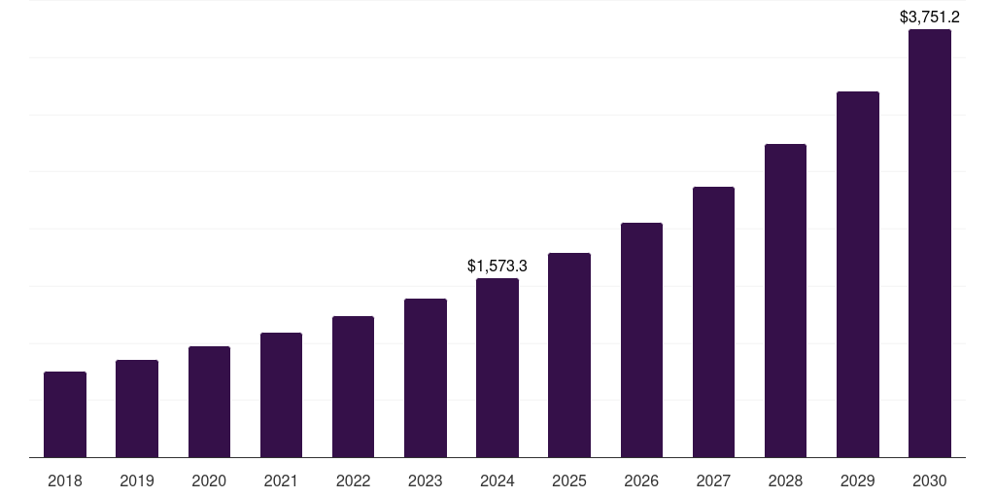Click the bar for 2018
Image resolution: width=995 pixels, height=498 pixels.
click(x=65, y=414)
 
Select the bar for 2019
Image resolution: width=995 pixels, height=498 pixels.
click(x=137, y=409)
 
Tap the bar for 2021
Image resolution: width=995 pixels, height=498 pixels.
click(x=281, y=395)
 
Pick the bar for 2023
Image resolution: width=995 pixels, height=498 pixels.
click(x=426, y=377)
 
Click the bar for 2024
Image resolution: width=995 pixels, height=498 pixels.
click(x=497, y=368)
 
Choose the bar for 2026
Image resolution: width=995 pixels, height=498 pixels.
click(x=641, y=339)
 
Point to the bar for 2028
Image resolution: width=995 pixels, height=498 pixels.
click(x=785, y=301)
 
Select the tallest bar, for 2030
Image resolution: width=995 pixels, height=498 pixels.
click(x=929, y=243)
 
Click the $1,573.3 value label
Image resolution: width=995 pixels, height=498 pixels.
click(x=497, y=266)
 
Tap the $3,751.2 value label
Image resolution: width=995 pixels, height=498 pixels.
click(x=929, y=17)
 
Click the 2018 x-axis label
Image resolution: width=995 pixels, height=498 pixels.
click(x=65, y=480)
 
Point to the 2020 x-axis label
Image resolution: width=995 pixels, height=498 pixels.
click(x=209, y=480)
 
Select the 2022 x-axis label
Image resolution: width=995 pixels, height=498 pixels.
click(x=353, y=480)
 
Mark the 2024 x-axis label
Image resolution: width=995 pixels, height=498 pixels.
click(x=497, y=480)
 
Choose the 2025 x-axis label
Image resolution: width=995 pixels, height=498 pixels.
click(x=569, y=480)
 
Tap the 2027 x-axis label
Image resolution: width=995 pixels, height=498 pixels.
click(x=713, y=480)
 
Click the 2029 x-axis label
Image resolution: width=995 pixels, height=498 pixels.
click(x=857, y=480)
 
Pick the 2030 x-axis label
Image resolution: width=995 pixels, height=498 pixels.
click(x=929, y=480)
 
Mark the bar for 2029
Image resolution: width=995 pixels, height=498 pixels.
click(x=857, y=274)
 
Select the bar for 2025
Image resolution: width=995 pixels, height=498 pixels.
click(x=569, y=355)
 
